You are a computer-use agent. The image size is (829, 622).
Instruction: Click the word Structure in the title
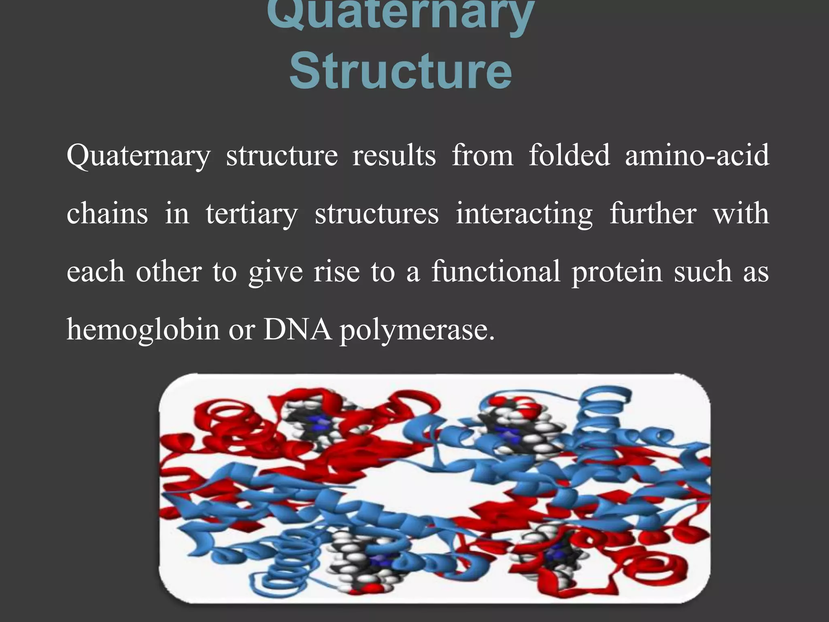[x=401, y=72]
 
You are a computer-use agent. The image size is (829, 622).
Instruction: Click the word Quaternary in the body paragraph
[x=138, y=156]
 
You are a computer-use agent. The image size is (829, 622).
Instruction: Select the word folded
[x=569, y=155]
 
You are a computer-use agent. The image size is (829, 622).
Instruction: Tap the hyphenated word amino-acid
[x=697, y=155]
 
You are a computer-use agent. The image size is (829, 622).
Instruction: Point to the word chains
[x=107, y=213]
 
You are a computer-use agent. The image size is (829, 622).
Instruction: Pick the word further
[x=653, y=213]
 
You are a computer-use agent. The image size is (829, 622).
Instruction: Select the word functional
[x=496, y=271]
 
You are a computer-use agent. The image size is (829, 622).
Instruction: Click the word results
[x=394, y=156]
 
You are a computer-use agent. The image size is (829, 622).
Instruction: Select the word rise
[x=336, y=271]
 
